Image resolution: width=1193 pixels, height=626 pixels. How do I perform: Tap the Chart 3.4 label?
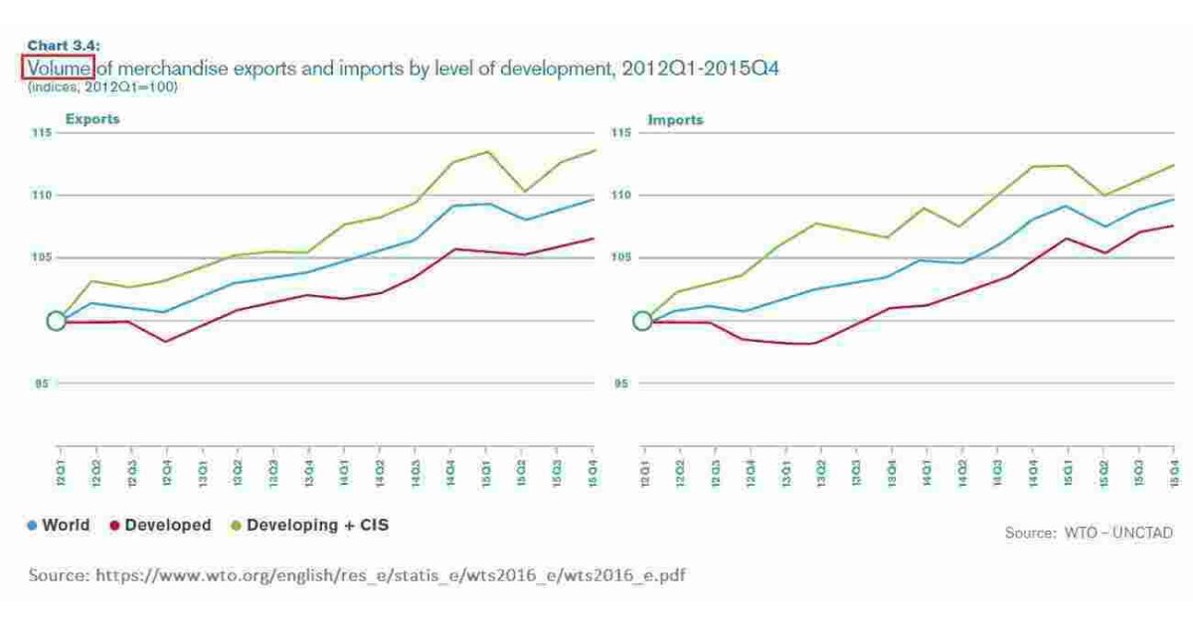click(x=63, y=45)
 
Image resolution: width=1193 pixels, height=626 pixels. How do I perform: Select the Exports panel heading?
click(x=92, y=119)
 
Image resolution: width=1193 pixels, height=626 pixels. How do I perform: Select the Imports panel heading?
click(x=675, y=119)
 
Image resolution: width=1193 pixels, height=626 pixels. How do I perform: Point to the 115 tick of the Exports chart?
click(x=41, y=133)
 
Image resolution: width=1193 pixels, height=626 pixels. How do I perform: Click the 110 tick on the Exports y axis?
click(x=41, y=196)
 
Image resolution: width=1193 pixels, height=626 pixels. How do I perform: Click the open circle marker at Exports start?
click(x=57, y=321)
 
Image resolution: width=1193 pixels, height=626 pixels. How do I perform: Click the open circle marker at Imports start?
click(x=642, y=321)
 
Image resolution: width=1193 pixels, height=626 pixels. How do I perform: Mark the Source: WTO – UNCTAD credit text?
click(x=1089, y=533)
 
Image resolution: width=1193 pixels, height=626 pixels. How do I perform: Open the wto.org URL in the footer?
click(x=356, y=575)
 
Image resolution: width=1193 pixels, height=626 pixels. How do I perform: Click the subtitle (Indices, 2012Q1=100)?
click(x=102, y=87)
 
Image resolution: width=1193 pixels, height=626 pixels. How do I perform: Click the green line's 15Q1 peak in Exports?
click(x=487, y=151)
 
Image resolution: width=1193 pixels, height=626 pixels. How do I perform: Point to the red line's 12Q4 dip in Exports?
click(x=165, y=342)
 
